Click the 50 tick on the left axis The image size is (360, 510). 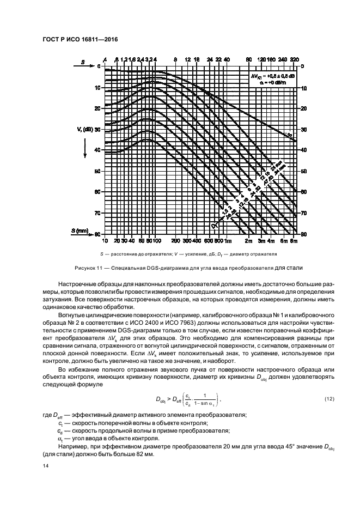(98, 171)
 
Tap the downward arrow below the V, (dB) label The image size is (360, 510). (85, 149)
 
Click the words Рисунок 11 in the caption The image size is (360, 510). (89, 268)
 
